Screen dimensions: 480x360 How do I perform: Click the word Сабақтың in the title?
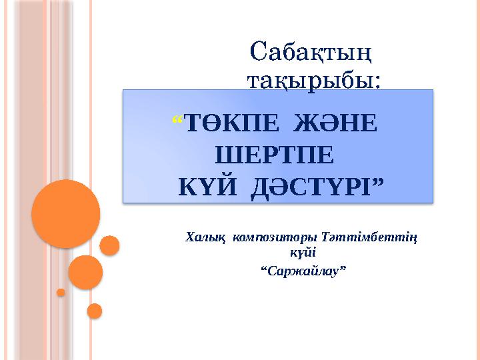[311, 53]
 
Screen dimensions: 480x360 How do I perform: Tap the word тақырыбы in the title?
[310, 81]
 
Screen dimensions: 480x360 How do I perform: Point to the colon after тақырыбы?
[377, 83]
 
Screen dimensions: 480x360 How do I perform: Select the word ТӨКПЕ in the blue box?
[232, 123]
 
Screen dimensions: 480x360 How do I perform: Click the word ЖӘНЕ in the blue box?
[335, 123]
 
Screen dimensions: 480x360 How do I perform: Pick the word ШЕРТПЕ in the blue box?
[275, 155]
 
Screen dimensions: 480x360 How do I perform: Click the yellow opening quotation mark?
[177, 120]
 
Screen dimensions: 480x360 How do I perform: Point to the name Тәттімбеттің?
[369, 238]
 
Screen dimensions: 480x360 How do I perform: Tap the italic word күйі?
[303, 253]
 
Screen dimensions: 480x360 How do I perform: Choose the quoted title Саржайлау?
[304, 271]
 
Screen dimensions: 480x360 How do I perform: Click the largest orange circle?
[66, 214]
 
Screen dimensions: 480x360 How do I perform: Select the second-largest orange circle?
[85, 273]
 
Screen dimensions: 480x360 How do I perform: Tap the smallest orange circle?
[61, 293]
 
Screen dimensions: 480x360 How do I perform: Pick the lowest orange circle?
[95, 311]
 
